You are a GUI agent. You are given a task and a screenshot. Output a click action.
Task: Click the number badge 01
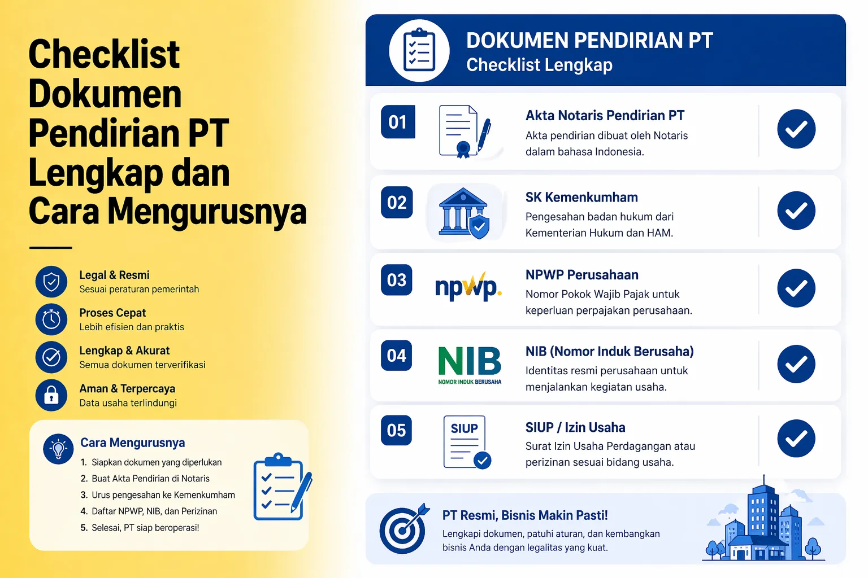click(x=398, y=122)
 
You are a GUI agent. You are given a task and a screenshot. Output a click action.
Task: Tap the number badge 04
click(x=397, y=356)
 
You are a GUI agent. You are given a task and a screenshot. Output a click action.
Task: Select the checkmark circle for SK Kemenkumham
click(x=796, y=211)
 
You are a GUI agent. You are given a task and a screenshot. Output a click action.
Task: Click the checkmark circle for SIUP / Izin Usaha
click(x=796, y=439)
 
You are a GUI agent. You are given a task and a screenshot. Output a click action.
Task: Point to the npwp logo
click(x=468, y=287)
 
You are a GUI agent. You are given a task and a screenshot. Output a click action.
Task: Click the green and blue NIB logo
click(x=470, y=365)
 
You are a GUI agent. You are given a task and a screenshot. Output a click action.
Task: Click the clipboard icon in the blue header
click(x=419, y=51)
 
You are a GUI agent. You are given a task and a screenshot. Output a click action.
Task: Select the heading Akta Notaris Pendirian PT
click(x=605, y=116)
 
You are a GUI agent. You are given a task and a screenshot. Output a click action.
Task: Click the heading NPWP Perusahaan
click(x=581, y=275)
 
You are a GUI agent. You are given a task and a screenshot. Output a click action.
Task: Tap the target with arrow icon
click(x=403, y=528)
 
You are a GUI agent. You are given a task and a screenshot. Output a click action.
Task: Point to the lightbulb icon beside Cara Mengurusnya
click(x=58, y=449)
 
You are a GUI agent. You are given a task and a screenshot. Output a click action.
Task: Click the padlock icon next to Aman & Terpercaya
click(x=51, y=395)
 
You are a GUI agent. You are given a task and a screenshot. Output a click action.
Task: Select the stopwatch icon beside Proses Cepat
click(x=51, y=319)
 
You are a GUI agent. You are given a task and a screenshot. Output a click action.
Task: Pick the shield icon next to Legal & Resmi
click(x=51, y=282)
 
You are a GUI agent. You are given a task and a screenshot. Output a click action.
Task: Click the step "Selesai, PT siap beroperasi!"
click(x=145, y=528)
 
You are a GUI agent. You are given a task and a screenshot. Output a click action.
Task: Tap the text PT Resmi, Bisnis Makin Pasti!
click(x=525, y=515)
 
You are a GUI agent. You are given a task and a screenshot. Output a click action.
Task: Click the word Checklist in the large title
click(x=104, y=55)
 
